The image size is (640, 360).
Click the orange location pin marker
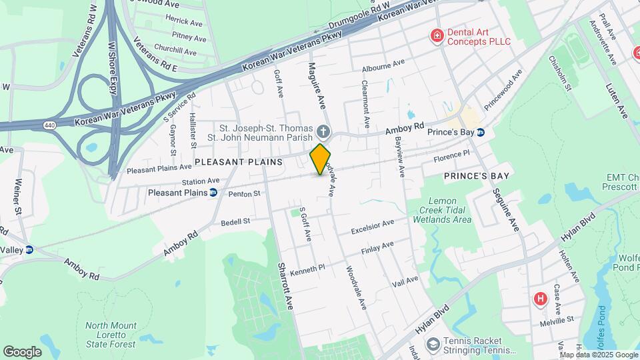coord(321,159)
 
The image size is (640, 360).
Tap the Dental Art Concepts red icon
coord(437,36)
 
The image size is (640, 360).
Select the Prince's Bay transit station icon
coord(481,132)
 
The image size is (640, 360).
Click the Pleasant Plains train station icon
coord(213,193)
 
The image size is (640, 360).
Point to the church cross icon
coord(323,131)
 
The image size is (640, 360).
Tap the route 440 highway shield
coord(49,125)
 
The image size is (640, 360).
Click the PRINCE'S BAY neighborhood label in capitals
coord(477,176)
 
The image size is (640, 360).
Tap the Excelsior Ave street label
coord(374,226)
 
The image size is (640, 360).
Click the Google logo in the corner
coord(22,352)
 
